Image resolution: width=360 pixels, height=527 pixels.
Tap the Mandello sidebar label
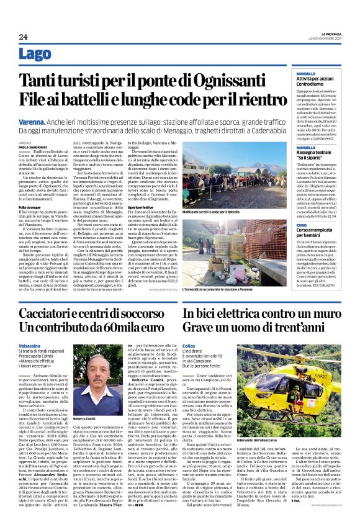[305, 74]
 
